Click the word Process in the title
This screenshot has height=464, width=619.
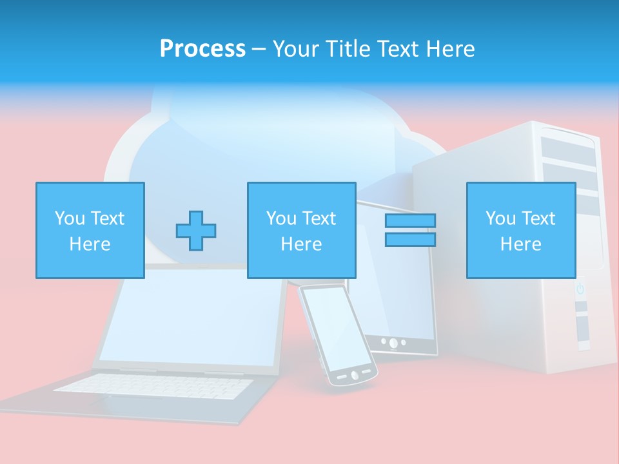(x=202, y=49)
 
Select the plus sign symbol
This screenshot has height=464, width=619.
(x=196, y=230)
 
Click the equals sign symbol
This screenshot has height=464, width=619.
(x=410, y=230)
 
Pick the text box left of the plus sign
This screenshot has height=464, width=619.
(x=90, y=230)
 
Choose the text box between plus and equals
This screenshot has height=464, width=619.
(x=301, y=230)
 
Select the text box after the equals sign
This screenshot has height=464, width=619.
(x=520, y=230)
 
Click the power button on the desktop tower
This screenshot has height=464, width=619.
(x=580, y=289)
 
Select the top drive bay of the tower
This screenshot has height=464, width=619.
(x=567, y=139)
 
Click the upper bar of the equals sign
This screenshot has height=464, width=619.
(x=410, y=220)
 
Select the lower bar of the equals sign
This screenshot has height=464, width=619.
(x=410, y=240)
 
